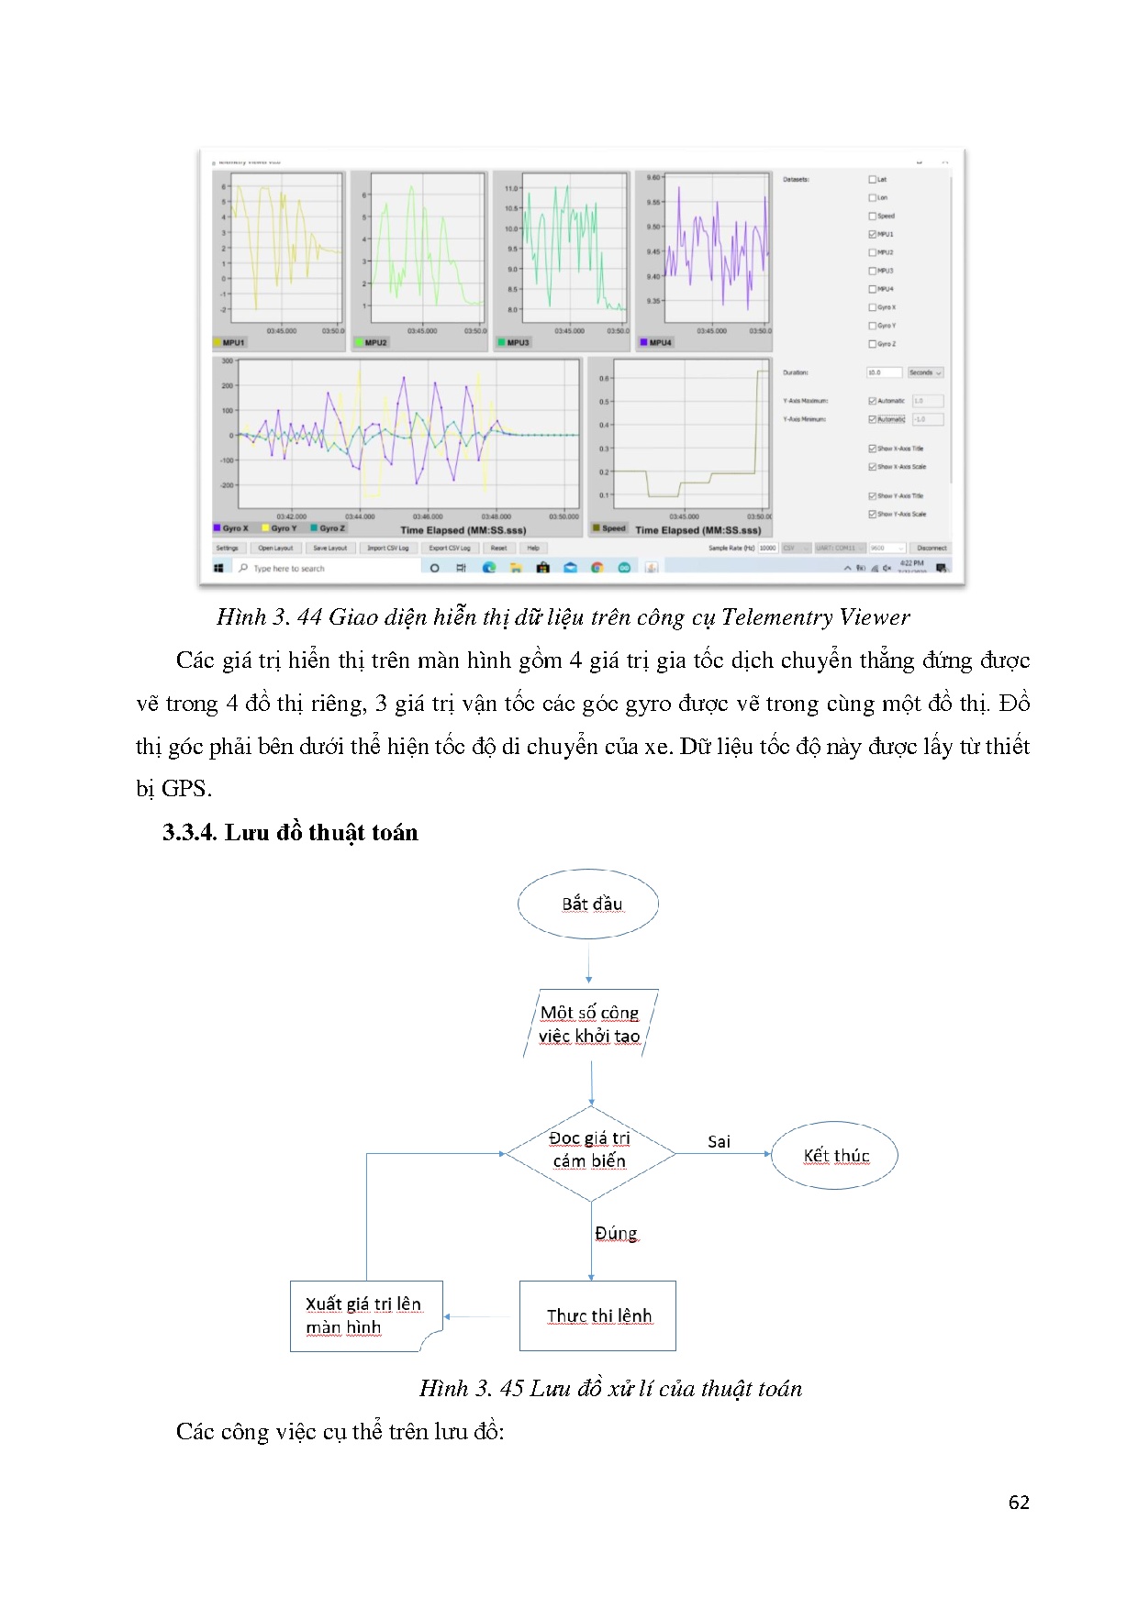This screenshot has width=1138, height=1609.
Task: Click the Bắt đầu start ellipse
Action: pos(588,904)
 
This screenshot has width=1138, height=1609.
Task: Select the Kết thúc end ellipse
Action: pos(834,1155)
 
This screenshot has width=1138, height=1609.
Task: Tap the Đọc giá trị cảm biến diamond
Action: pos(590,1150)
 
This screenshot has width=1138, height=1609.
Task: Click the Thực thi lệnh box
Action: pos(597,1315)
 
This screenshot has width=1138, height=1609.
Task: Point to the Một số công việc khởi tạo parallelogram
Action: pos(590,1024)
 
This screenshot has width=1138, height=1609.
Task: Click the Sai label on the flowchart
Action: pos(719,1141)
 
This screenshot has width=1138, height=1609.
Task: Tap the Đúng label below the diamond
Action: pos(616,1233)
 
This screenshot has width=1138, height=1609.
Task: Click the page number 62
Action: pos(1018,1502)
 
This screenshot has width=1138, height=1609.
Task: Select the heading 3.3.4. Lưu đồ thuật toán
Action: pos(290,832)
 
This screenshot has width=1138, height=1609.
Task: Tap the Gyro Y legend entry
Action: pos(284,528)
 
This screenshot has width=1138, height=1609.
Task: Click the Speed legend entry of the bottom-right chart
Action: pos(613,528)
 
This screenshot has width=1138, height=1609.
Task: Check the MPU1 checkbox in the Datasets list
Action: pos(872,234)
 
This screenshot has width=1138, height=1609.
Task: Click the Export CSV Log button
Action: pos(450,548)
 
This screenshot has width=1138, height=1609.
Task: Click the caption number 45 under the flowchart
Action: pos(512,1388)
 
